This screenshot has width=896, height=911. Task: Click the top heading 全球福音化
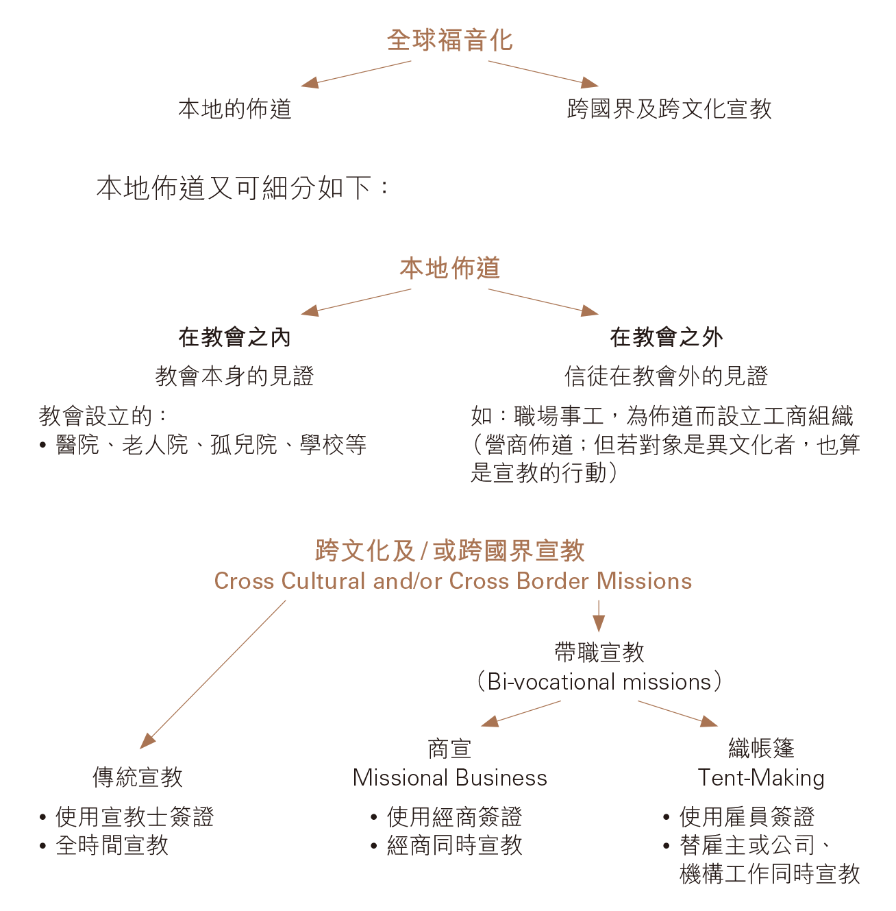pos(449,40)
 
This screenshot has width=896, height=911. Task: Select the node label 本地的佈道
pos(235,109)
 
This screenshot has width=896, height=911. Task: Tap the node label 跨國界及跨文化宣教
pos(669,109)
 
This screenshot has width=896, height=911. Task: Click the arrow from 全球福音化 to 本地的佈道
pos(356,74)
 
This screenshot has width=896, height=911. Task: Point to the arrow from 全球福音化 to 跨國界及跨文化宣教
pos(543,74)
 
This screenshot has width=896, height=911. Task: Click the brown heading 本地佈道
pos(449,268)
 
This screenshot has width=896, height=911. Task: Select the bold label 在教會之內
pos(234,337)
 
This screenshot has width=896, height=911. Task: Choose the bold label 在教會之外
pos(667,337)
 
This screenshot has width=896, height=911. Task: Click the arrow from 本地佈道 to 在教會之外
pos(543,302)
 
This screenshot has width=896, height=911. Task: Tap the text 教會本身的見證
pos(234,376)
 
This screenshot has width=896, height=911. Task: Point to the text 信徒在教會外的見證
pos(667,376)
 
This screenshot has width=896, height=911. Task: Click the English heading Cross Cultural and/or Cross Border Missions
pos(453,581)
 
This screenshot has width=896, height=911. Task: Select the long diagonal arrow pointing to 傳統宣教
pos(212,675)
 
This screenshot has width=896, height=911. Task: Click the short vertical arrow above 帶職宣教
pos(599,616)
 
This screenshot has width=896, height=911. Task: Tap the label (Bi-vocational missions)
pos(599,682)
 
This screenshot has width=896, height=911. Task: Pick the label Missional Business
pos(449,778)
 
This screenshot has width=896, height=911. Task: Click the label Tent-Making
pos(761,778)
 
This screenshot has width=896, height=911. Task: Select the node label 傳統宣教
pos(138,777)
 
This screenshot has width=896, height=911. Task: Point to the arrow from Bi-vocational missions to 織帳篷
pos(677,714)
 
